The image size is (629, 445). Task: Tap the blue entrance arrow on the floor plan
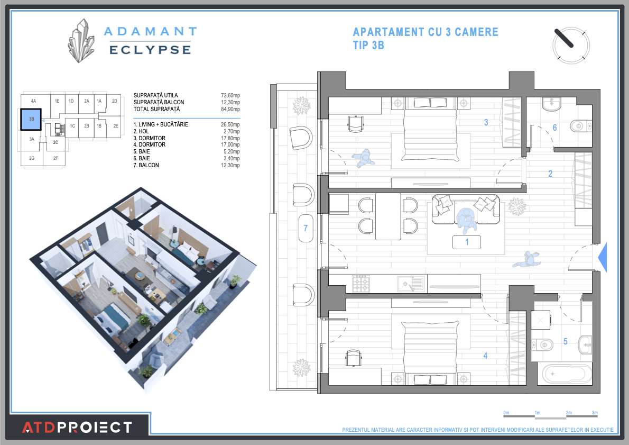[x=602, y=258]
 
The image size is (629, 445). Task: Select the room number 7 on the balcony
[x=305, y=229]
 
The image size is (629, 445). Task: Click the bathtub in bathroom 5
[x=565, y=374]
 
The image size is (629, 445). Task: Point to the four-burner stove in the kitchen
[x=361, y=284]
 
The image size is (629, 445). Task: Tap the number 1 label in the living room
[x=467, y=242]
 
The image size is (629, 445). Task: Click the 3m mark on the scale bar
[x=595, y=412]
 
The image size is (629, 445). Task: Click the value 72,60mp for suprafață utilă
[x=230, y=95]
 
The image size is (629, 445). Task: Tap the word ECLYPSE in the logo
[x=150, y=50]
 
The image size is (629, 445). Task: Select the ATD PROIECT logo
[x=77, y=427]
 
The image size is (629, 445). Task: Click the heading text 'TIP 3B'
[x=368, y=46]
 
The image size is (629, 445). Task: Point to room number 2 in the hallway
[x=550, y=174]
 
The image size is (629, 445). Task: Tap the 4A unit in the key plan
[x=33, y=101]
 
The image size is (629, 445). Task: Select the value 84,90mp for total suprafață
[x=230, y=109]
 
